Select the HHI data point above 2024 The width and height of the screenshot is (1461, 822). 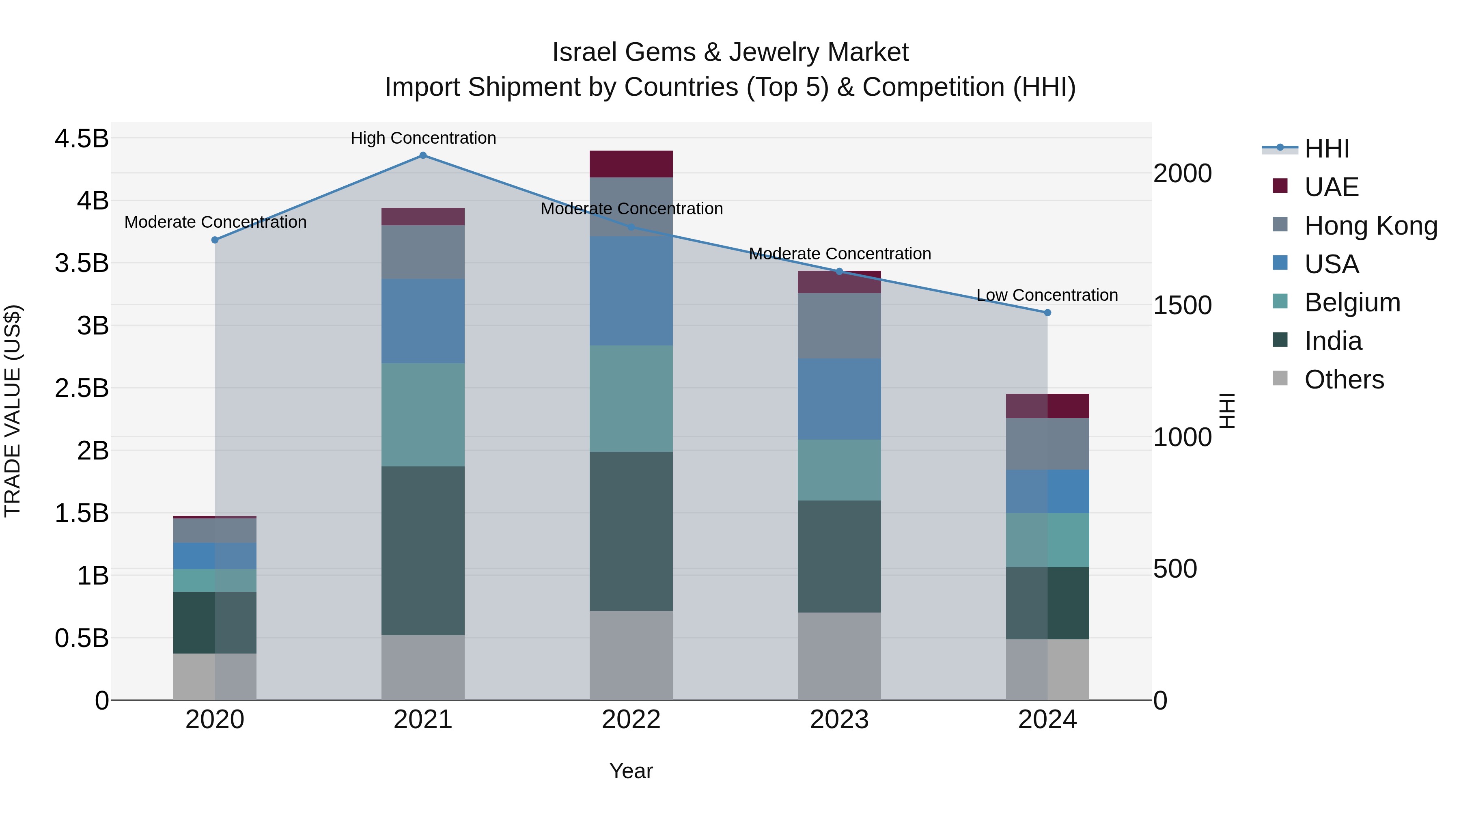pos(1047,313)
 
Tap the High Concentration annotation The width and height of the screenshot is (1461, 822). pos(423,138)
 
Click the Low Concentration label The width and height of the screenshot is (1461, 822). pos(1047,295)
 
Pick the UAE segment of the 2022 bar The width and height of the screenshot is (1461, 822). pos(631,164)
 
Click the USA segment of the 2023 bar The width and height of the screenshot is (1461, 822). pos(839,399)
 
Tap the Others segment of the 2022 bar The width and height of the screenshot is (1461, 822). pos(631,655)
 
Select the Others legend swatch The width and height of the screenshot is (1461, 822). pos(1280,378)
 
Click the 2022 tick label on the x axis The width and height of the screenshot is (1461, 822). pos(631,720)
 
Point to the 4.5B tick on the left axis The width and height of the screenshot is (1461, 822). pos(81,138)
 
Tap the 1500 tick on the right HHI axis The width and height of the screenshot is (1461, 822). pos(1183,305)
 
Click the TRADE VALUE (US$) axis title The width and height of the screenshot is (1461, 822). pos(13,411)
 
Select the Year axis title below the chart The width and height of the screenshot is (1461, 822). pos(631,771)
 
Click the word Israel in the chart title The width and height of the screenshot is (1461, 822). pos(585,52)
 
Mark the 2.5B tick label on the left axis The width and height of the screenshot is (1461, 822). pos(81,388)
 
